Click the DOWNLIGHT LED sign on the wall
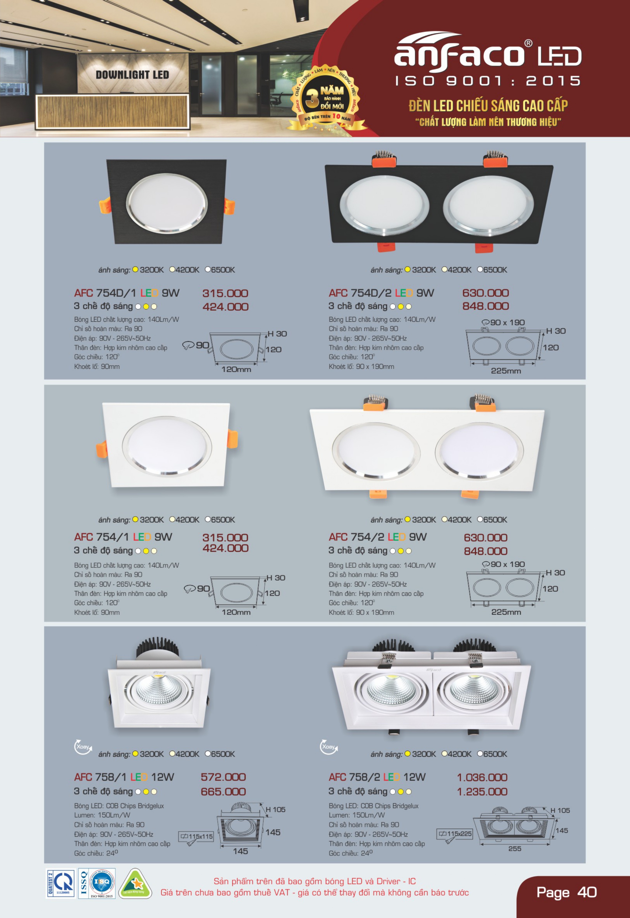[132, 75]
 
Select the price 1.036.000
[482, 777]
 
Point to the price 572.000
[223, 777]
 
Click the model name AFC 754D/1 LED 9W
[127, 293]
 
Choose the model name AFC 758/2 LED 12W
[377, 777]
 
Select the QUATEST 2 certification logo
[61, 883]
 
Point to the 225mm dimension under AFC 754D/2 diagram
[506, 371]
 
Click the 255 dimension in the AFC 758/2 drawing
[515, 849]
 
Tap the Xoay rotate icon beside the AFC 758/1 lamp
[83, 747]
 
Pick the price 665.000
[223, 792]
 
